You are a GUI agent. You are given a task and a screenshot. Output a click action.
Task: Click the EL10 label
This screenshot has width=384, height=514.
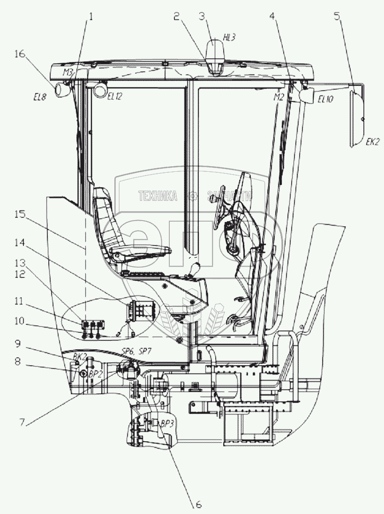pyautogui.click(x=325, y=99)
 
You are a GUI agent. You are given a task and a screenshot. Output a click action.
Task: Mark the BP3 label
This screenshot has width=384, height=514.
pyautogui.click(x=167, y=423)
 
